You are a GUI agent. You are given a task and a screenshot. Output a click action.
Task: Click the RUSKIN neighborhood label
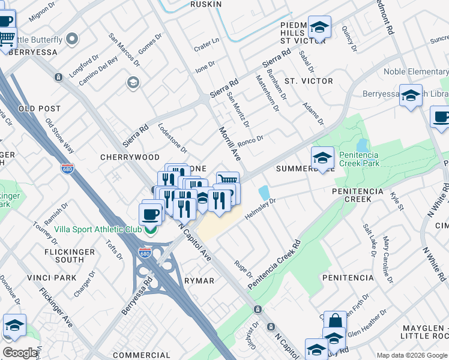[206, 4]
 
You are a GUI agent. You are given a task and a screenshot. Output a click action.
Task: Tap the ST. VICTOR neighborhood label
[309, 81]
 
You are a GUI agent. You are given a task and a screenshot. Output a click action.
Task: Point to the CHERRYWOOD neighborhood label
[130, 157]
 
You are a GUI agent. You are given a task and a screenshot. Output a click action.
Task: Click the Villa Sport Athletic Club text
[98, 229]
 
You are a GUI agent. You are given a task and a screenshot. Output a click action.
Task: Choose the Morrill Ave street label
[229, 143]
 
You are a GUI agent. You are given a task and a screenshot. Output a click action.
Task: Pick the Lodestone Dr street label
[172, 138]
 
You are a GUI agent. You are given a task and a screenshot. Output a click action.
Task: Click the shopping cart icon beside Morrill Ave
[228, 181]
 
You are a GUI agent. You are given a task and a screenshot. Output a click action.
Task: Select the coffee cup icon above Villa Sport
[150, 212]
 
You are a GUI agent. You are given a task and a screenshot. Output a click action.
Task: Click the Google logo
[20, 353]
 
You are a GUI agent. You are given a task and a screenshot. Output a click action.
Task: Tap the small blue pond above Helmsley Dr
[264, 193]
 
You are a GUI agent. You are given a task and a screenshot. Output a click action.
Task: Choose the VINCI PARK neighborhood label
[52, 278]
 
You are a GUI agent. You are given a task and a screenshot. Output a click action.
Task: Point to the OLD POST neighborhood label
[40, 109]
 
